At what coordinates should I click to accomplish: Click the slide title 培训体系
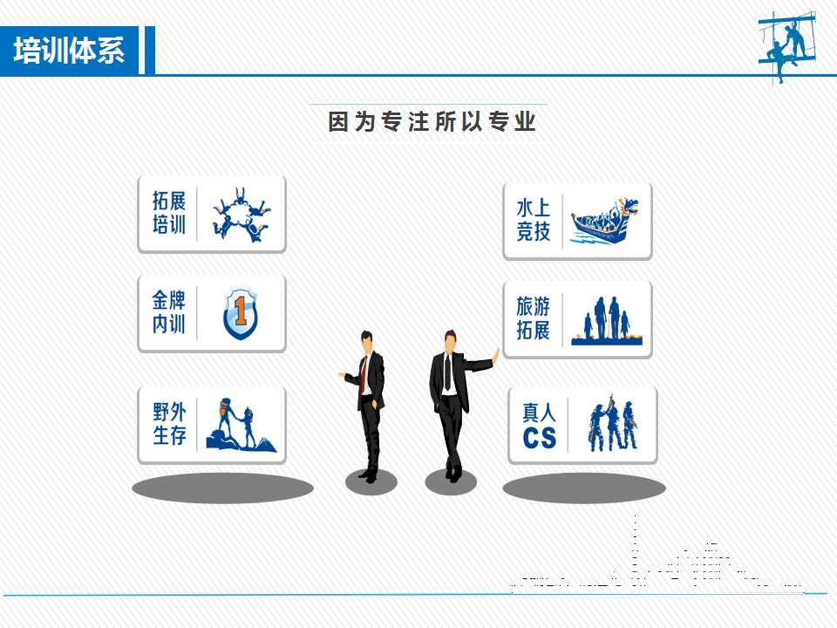pyautogui.click(x=69, y=51)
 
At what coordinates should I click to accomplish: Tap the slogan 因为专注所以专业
pyautogui.click(x=432, y=121)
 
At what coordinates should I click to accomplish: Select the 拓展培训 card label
pyautogui.click(x=168, y=213)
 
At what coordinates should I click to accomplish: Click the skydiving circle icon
pyautogui.click(x=242, y=215)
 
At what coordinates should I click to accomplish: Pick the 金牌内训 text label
pyautogui.click(x=168, y=312)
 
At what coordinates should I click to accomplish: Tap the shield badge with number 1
pyautogui.click(x=241, y=313)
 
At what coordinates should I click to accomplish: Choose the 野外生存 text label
pyautogui.click(x=169, y=424)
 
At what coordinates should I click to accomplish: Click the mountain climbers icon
pyautogui.click(x=241, y=425)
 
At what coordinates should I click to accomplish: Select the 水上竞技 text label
pyautogui.click(x=533, y=220)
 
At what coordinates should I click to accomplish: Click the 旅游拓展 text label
pyautogui.click(x=533, y=318)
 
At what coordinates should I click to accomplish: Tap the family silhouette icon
pyautogui.click(x=607, y=320)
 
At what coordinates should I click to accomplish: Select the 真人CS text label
pyautogui.click(x=539, y=426)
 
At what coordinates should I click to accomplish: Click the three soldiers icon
pyautogui.click(x=613, y=424)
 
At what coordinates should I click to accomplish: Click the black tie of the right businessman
pyautogui.click(x=447, y=372)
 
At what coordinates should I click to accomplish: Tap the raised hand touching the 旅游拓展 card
pyautogui.click(x=495, y=357)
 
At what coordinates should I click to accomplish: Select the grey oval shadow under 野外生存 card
pyautogui.click(x=222, y=488)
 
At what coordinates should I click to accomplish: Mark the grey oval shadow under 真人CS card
pyautogui.click(x=584, y=488)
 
